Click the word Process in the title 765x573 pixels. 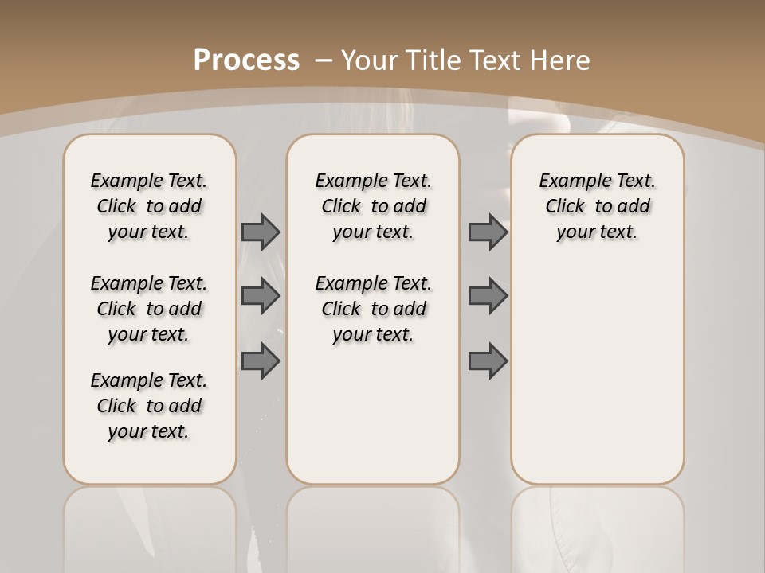coord(246,60)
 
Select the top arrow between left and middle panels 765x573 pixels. coord(261,232)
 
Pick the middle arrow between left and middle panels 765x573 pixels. coord(261,296)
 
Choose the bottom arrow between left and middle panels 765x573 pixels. coord(261,361)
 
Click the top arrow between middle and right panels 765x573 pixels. coord(488,232)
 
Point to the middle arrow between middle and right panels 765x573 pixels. coord(488,296)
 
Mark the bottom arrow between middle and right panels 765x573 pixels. coord(488,361)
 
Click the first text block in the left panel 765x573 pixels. coord(149,206)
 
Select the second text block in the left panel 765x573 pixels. coord(149,309)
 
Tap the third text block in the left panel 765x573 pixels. coord(149,406)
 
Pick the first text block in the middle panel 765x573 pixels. coord(373,206)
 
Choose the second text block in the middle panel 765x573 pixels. coord(373,309)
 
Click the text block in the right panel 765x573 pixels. coord(597,206)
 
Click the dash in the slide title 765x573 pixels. coord(324,60)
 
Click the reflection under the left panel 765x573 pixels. coord(150,525)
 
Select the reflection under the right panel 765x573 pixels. coord(598,525)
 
